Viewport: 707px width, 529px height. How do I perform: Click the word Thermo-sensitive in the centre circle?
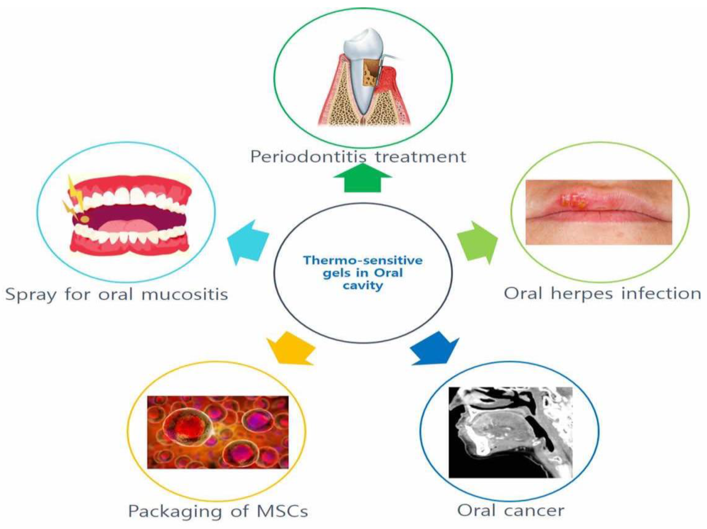pyautogui.click(x=363, y=260)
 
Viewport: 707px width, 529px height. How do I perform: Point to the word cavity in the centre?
pyautogui.click(x=363, y=285)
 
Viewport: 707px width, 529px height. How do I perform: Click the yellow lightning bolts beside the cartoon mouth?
pyautogui.click(x=75, y=195)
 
